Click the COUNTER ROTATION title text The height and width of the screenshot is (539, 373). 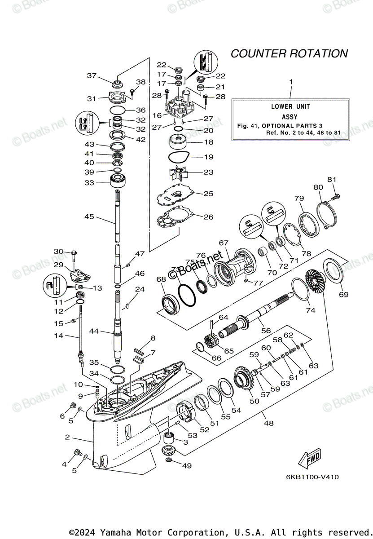pyautogui.click(x=289, y=53)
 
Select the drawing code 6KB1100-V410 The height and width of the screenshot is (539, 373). pyautogui.click(x=311, y=477)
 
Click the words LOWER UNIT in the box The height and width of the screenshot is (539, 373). pyautogui.click(x=290, y=106)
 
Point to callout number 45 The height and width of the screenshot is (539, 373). pyautogui.click(x=89, y=217)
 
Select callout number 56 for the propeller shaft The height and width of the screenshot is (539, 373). pyautogui.click(x=266, y=330)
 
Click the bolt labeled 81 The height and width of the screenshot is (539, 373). pyautogui.click(x=335, y=196)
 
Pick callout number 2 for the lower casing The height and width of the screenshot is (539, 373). pyautogui.click(x=67, y=437)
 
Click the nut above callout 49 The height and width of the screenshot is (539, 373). pyautogui.click(x=170, y=461)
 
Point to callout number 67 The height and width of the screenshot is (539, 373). pyautogui.click(x=224, y=243)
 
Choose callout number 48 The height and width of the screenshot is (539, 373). pyautogui.click(x=268, y=423)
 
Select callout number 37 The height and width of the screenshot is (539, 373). pyautogui.click(x=92, y=75)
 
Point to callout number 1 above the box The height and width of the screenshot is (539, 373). pyautogui.click(x=291, y=82)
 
